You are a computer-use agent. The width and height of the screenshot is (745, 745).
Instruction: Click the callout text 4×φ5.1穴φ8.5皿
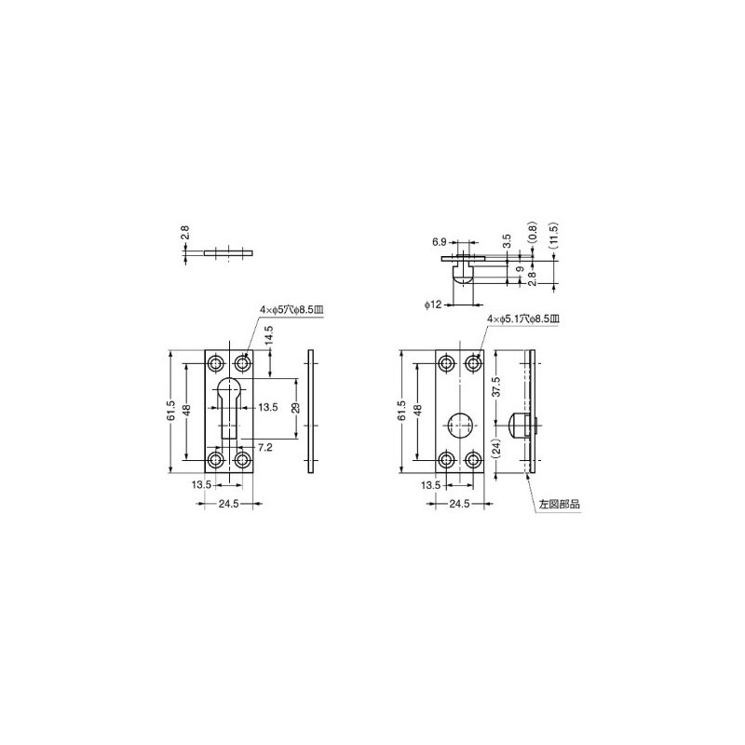point(524,318)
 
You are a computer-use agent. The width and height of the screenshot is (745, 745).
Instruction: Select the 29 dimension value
point(294,407)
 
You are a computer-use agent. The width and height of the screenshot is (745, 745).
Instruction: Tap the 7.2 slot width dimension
point(264,448)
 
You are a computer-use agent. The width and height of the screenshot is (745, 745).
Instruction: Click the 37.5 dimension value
point(496,386)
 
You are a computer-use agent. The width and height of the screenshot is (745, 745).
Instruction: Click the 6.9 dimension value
point(439,241)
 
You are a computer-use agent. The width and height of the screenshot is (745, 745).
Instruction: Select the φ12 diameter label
point(431,304)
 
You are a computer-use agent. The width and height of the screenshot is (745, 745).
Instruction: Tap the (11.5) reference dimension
point(553,236)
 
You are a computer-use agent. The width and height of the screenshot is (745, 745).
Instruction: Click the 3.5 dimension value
point(507,240)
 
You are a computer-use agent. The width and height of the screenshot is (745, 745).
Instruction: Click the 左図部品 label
point(560,504)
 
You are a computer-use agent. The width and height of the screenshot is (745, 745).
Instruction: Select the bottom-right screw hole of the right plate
point(473,459)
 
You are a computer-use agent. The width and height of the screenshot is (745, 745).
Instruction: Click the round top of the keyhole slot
point(230,387)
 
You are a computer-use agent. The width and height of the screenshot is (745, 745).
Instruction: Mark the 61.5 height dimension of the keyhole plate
point(171,411)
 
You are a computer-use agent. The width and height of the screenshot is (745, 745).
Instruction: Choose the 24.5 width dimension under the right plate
point(459,504)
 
